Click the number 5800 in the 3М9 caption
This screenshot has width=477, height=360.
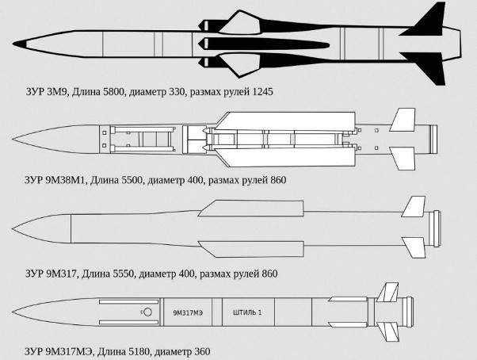pos(114,92)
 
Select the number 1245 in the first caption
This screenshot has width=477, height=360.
pos(263,92)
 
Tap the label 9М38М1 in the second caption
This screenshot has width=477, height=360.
pos(67,180)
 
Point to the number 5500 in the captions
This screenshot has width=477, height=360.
pos(132,180)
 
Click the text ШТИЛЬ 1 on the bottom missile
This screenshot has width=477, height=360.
pos(247,312)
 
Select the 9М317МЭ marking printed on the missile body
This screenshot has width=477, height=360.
pos(188,313)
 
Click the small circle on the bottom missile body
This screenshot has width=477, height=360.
pos(147,312)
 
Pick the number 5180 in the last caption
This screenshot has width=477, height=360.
pos(139,352)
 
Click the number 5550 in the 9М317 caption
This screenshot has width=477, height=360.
pos(123,274)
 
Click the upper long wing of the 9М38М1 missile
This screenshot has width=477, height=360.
pos(288,121)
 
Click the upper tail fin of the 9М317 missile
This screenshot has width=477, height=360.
pos(414,207)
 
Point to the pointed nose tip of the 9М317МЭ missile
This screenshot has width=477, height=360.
pos(13,312)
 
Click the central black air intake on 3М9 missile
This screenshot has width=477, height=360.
pos(263,44)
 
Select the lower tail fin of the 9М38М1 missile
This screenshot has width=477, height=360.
pos(403,158)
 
